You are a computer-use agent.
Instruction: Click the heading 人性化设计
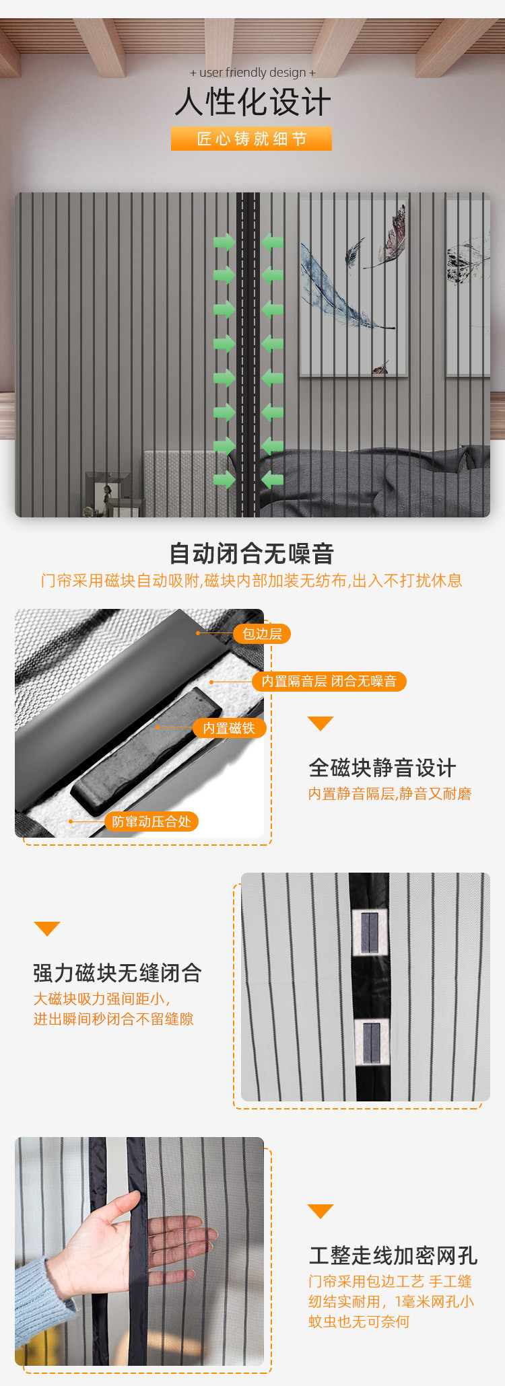pyautogui.click(x=252, y=102)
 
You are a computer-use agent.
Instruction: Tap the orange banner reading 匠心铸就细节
pyautogui.click(x=251, y=139)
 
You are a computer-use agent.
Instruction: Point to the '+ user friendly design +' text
pyautogui.click(x=252, y=73)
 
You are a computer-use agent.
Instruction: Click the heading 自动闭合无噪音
pyautogui.click(x=252, y=554)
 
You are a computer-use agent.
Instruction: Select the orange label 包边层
pyautogui.click(x=262, y=634)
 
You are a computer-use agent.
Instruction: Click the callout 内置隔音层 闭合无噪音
pyautogui.click(x=329, y=682)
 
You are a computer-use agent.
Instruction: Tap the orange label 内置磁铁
pyautogui.click(x=229, y=728)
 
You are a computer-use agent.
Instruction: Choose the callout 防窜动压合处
pyautogui.click(x=151, y=822)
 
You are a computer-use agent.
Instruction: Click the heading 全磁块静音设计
pyautogui.click(x=382, y=768)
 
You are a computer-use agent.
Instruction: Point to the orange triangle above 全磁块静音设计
pyautogui.click(x=321, y=723)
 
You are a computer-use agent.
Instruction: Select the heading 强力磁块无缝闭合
pyautogui.click(x=117, y=973)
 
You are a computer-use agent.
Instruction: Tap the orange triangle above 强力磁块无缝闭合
pyautogui.click(x=47, y=928)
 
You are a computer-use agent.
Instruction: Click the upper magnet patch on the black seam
pyautogui.click(x=370, y=933)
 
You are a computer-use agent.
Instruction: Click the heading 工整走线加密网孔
pyautogui.click(x=393, y=1255)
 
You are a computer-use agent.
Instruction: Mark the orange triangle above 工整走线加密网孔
pyautogui.click(x=321, y=1211)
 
